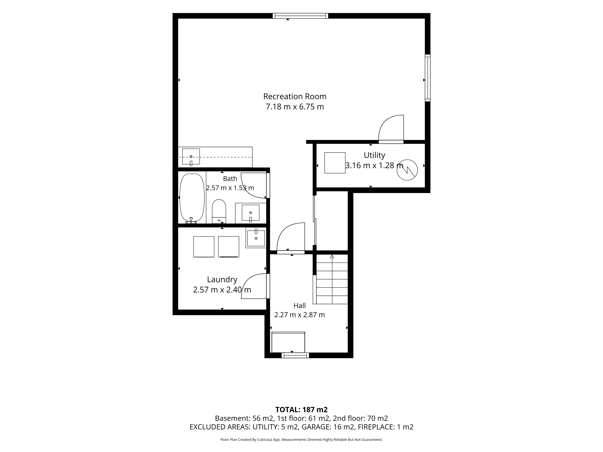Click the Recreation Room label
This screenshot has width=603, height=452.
(295, 96)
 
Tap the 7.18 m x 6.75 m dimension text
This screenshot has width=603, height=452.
(295, 107)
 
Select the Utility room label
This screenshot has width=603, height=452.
(374, 155)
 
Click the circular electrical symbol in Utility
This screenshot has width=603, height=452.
(407, 170)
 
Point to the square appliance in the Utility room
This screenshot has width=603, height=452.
(335, 163)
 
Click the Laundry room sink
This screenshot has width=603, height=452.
(256, 238)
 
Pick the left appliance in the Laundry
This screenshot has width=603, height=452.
(204, 247)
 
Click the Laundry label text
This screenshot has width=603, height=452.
(222, 279)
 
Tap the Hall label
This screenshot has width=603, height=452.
(300, 306)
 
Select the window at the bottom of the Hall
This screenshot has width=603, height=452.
(295, 355)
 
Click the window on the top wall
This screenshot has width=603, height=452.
(300, 16)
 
